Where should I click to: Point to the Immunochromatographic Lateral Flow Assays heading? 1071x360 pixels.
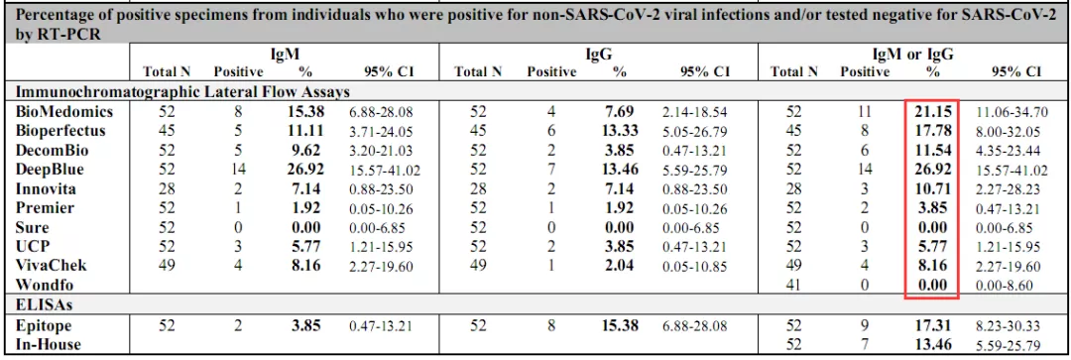183,91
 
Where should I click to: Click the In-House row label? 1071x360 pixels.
48,345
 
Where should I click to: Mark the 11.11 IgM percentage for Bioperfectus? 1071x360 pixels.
304,131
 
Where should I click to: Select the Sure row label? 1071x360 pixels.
32,227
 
